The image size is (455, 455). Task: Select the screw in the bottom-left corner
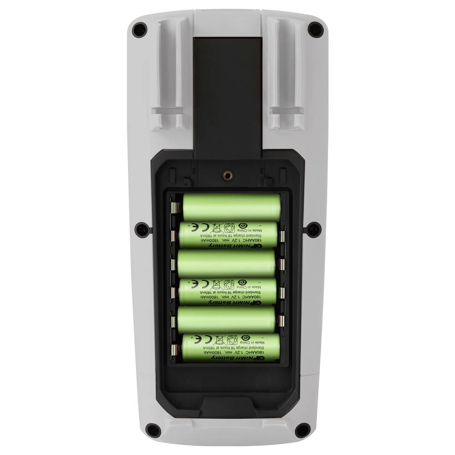pos(154,429)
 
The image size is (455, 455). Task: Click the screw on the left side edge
pos(142,229)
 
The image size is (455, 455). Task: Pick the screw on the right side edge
pos(313,229)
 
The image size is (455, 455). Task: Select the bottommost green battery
pos(231,348)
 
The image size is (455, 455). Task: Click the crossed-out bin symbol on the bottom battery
pos(218,339)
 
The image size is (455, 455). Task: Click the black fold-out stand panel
pos(227,91)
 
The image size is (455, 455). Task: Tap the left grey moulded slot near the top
pos(168,73)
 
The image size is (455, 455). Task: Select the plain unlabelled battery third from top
pos(227,263)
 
